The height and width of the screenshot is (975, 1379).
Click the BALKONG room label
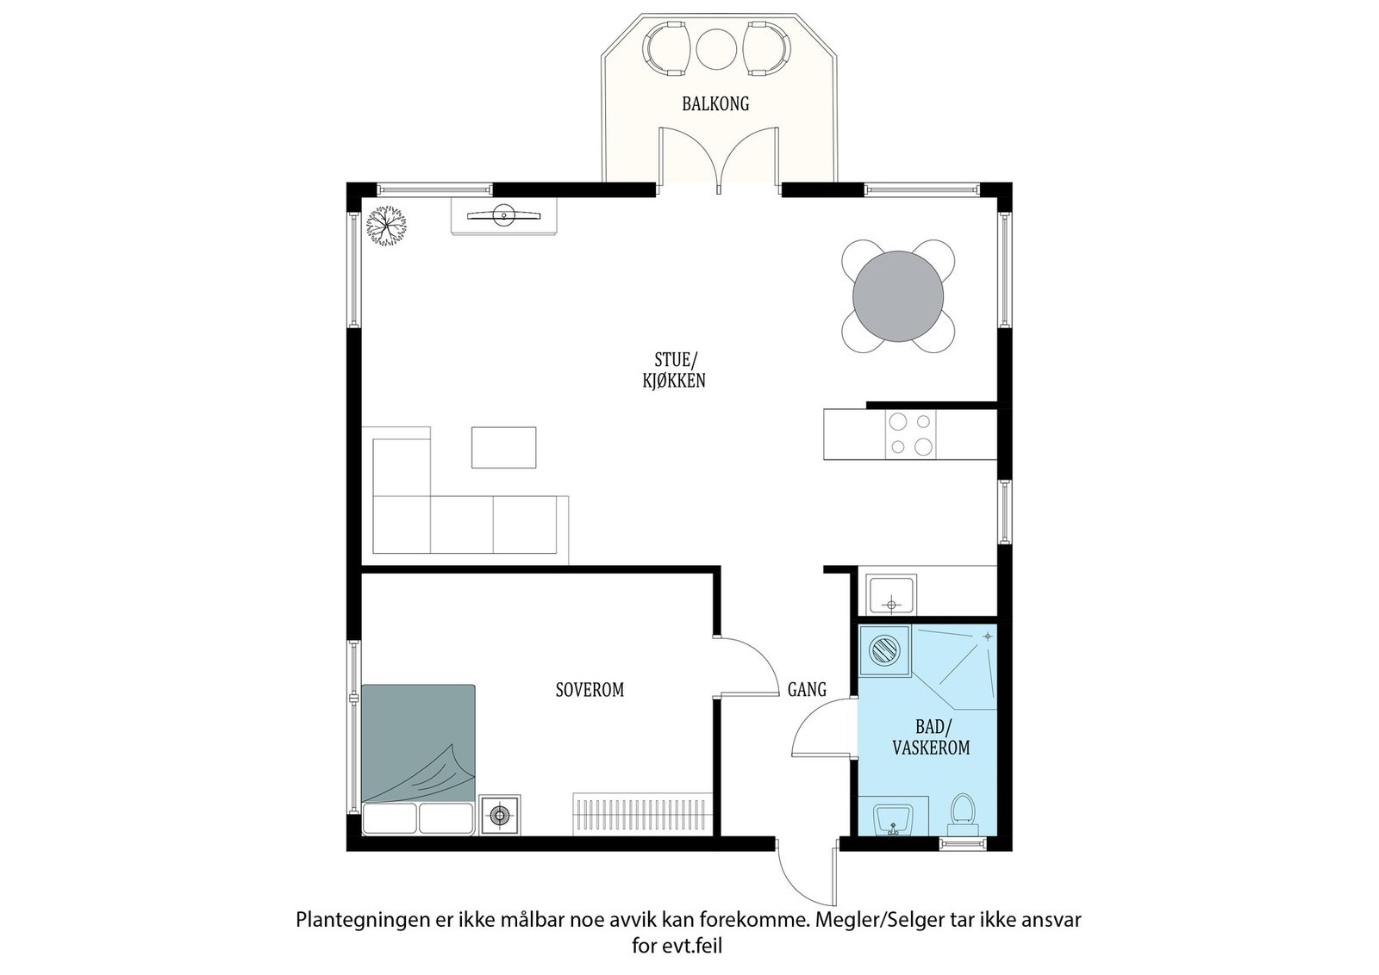pos(715,104)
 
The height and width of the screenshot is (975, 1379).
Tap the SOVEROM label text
pos(590,690)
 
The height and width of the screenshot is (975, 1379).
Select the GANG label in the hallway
pos(807,690)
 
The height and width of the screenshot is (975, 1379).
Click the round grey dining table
pos(897,296)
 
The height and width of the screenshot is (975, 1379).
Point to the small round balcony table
pos(716,50)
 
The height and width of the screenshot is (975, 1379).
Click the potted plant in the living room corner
pos(386,226)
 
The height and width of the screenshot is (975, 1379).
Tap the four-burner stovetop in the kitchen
pos(910,434)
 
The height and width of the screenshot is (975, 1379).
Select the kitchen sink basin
pos(891,594)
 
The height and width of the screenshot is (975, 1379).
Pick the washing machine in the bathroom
pos(884,651)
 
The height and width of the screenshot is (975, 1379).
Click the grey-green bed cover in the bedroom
pos(418,743)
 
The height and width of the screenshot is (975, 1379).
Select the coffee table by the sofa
pos(503,447)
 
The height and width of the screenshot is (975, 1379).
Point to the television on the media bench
pos(504,216)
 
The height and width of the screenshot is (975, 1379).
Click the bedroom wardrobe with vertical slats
pos(643,814)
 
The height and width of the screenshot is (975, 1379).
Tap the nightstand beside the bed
pos(500,815)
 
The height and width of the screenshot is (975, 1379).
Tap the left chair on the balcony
pos(665,48)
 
